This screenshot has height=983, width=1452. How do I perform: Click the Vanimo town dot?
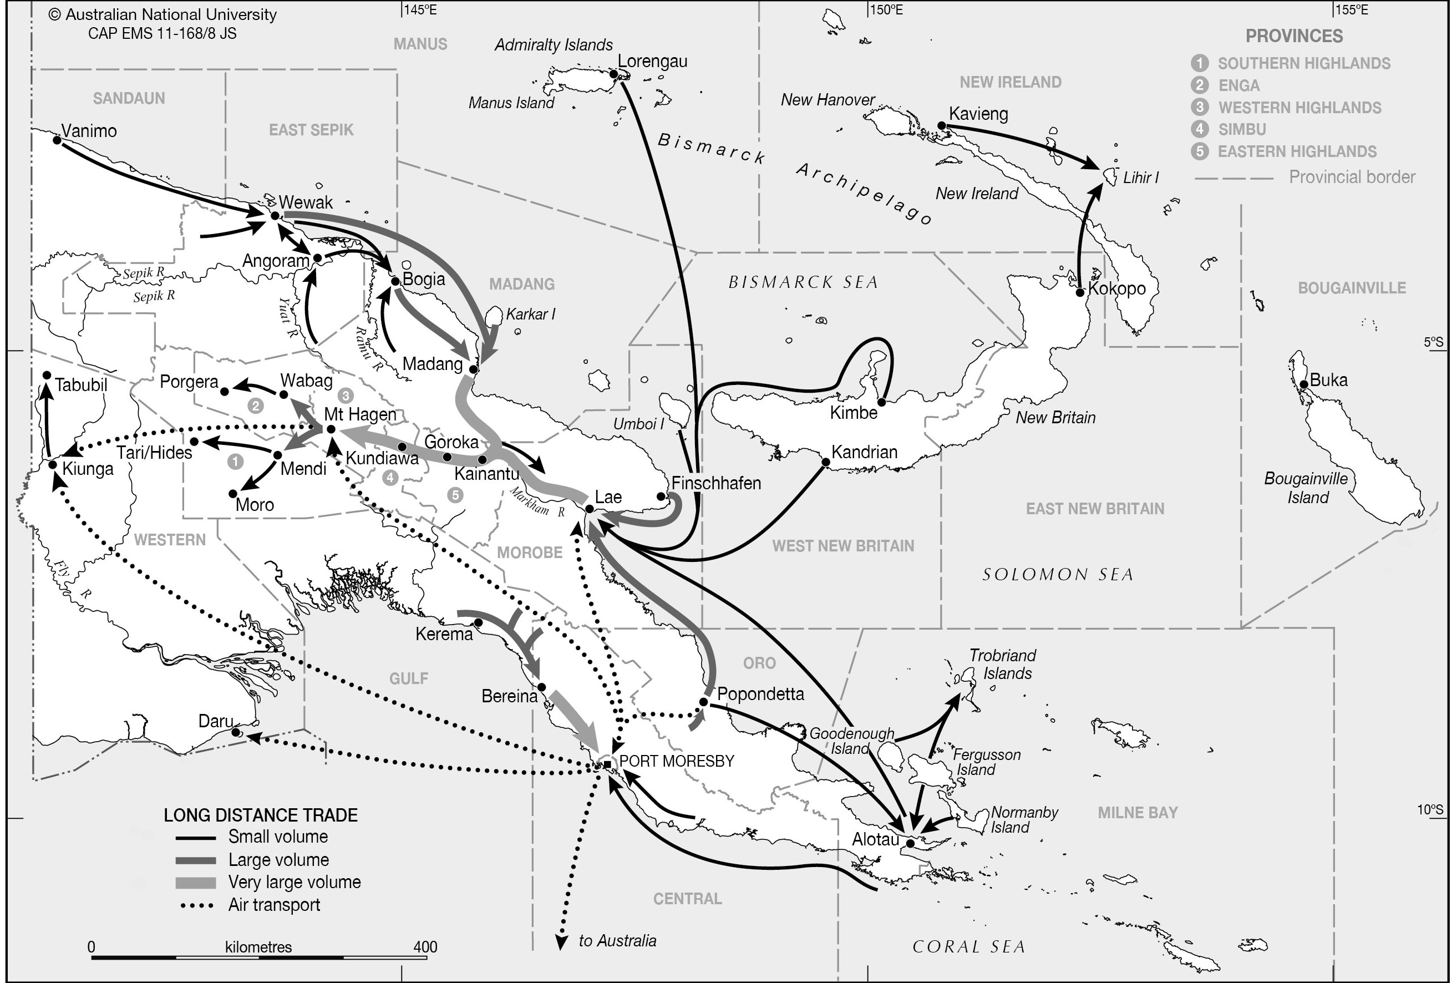coord(57,140)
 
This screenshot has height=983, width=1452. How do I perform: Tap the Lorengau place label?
coord(652,61)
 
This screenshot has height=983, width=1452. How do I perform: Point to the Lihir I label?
coord(1140,178)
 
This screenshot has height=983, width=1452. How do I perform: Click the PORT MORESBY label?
coord(677,761)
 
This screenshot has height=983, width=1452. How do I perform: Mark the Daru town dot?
coord(236,732)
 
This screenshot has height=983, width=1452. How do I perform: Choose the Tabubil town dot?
coord(46,375)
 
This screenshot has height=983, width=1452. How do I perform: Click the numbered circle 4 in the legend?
coord(1199,129)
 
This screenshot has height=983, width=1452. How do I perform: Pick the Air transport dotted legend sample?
coord(196,905)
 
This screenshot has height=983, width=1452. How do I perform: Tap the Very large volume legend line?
coord(196,883)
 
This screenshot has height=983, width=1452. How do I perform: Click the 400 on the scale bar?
coord(425,947)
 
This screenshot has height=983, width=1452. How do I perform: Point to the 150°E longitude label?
coord(887,10)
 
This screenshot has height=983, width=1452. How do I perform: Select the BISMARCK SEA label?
coord(803,282)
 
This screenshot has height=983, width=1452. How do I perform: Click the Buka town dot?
coord(1304,384)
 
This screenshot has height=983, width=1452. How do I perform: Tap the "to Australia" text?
coord(617,941)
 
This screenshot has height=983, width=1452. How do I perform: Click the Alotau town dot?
coord(910,844)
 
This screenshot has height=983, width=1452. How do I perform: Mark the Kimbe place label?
coord(854,413)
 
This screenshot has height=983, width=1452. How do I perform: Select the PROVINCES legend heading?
coord(1294,36)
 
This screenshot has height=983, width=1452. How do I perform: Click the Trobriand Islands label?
coord(1002,664)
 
